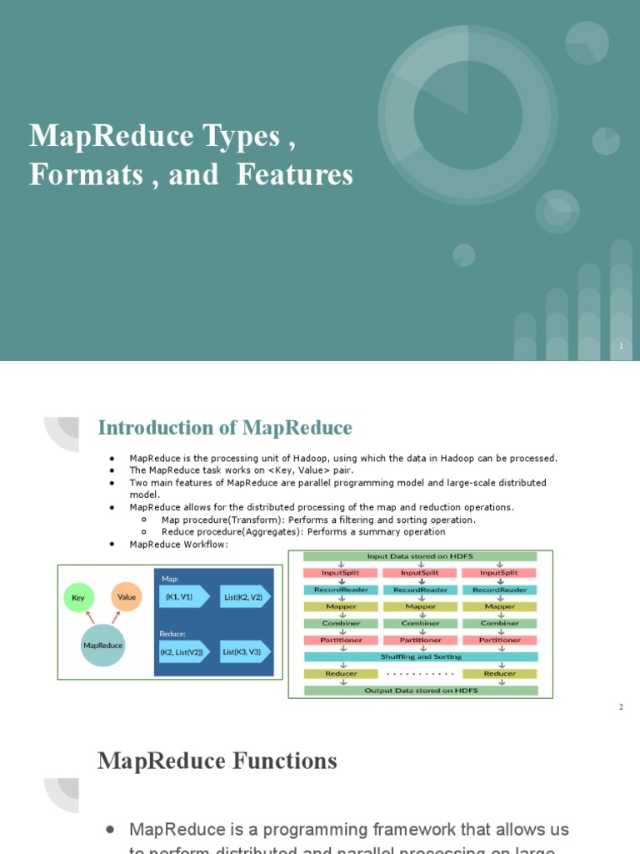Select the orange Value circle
(x=127, y=597)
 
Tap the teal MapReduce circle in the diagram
(x=103, y=645)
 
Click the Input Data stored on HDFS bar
(x=420, y=556)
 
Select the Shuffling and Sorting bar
(x=420, y=656)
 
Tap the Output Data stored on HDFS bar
(x=420, y=690)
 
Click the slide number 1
(x=621, y=346)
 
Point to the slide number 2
(x=621, y=707)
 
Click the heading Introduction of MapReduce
(x=225, y=428)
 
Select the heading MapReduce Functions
(x=217, y=761)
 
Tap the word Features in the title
(x=295, y=175)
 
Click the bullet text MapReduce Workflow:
(x=178, y=545)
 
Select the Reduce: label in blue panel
(x=172, y=634)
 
